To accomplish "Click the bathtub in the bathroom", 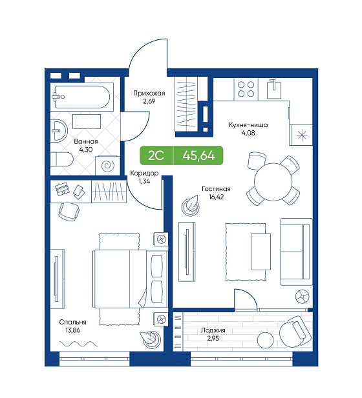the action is pos(81,97).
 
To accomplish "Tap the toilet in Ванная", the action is pos(61,159).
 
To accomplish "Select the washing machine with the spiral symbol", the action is pos(107,166).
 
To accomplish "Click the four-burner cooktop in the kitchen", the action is pos(246,90).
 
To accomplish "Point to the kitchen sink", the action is pos(274,89).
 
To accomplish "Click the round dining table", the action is pos(273,181).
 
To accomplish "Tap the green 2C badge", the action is pos(156,155).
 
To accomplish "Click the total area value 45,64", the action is pos(198,155).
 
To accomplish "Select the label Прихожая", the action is pos(149,94).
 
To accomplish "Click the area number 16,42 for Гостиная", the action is pos(217,197).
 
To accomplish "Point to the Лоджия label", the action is pos(213,330).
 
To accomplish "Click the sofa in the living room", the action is pos(296,252).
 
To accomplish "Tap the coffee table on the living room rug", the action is pos(261,252).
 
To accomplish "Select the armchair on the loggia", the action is pos(295,331).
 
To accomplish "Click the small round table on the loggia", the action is pos(266,339).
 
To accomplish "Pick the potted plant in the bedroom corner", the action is pos(149,340).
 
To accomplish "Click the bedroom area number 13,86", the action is pos(73,330).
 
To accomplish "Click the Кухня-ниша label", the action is pos(248,125).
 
